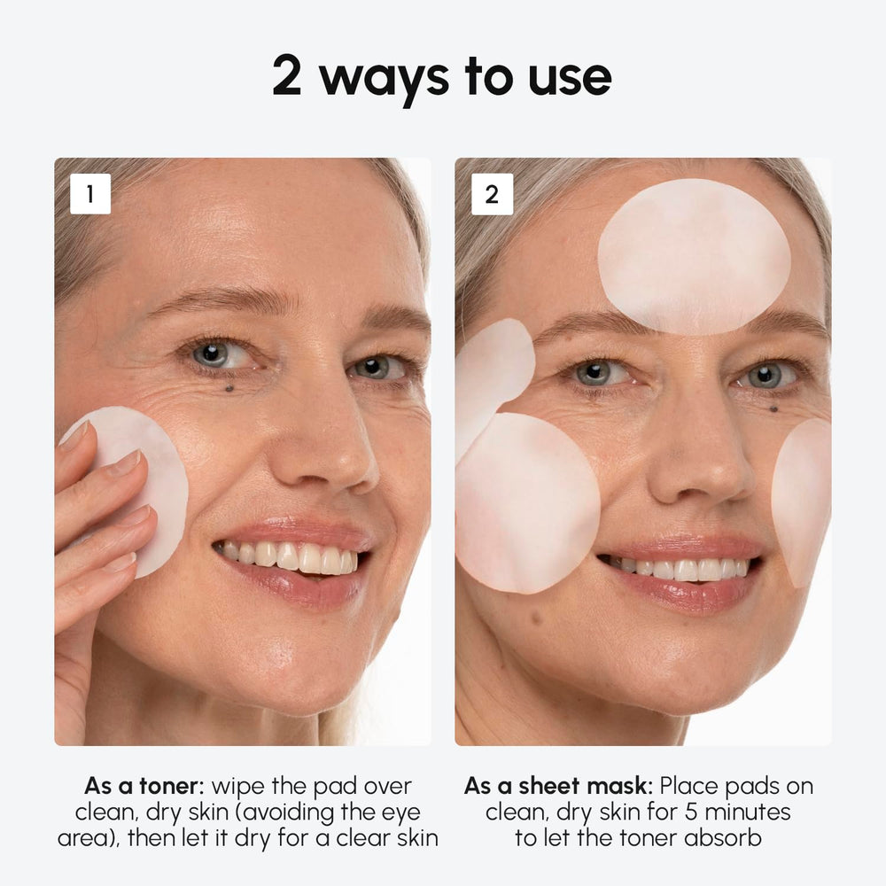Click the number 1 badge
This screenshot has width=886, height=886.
point(90,194)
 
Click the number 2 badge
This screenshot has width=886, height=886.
point(492,194)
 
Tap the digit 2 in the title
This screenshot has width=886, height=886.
point(287,77)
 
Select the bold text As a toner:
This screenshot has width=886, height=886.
point(146,786)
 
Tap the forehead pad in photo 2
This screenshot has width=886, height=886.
point(694,255)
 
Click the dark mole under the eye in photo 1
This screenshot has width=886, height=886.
point(229,386)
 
